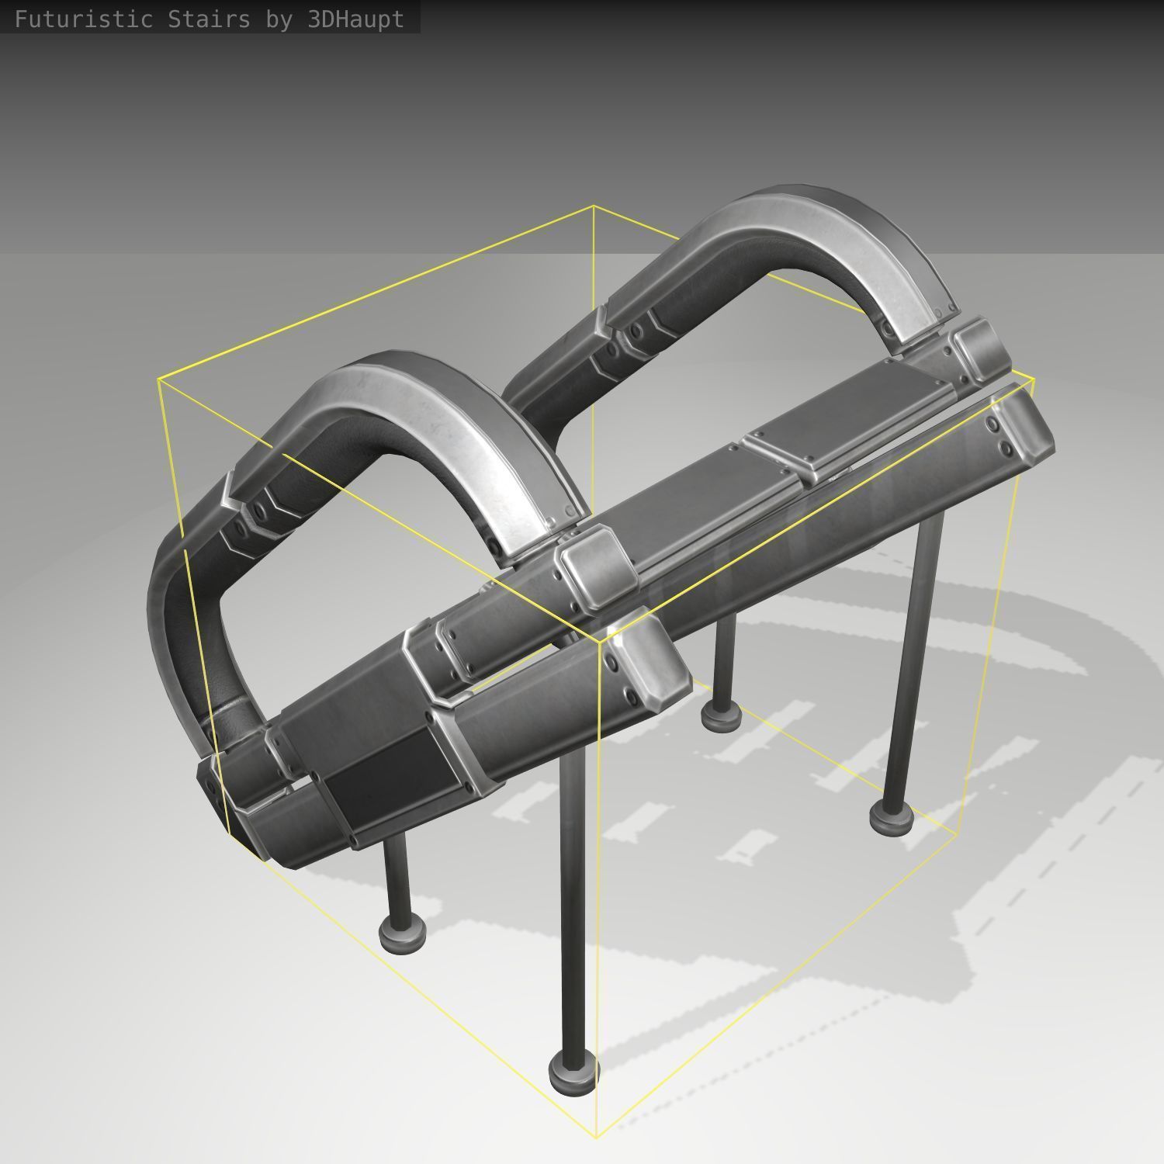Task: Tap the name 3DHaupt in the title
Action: coord(355,19)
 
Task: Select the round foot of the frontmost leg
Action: coord(573,1071)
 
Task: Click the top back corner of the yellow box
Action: coord(594,206)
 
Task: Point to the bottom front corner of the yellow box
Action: coord(597,1137)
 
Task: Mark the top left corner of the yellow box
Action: coord(158,379)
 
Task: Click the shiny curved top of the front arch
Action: coord(435,411)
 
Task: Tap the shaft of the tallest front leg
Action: coord(573,892)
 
